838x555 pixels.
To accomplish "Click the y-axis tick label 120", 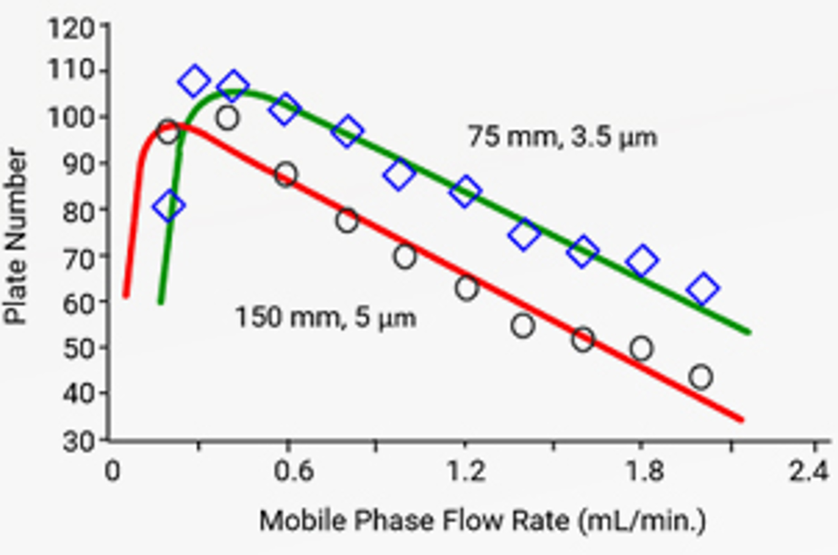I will tap(71, 27).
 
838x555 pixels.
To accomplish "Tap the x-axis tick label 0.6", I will tap(293, 471).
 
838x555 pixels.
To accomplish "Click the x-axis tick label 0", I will tap(112, 471).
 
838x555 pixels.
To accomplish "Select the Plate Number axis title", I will tap(16, 236).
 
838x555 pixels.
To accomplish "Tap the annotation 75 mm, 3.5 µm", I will tap(562, 137).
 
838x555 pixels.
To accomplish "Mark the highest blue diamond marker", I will tap(194, 82).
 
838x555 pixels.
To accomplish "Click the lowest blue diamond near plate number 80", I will tap(169, 206).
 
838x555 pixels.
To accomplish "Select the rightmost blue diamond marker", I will tap(702, 288).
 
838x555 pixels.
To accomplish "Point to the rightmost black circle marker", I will tap(701, 377).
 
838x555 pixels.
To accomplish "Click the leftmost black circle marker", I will tap(168, 132).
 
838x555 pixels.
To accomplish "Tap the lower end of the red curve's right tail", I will tap(741, 419).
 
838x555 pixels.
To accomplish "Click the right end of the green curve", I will tap(749, 332).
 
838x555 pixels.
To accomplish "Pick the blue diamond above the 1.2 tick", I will tap(465, 191).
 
